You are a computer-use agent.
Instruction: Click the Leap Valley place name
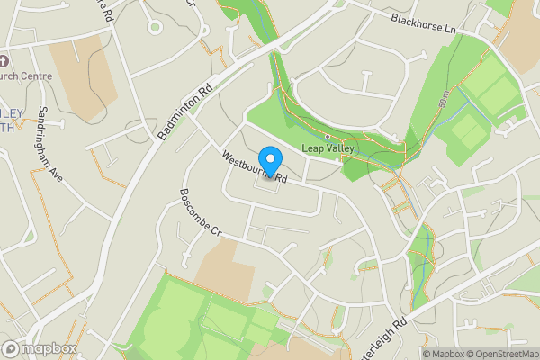[x=328, y=148]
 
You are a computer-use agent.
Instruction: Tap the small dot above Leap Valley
[x=328, y=137]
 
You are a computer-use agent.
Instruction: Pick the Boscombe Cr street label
[x=200, y=212]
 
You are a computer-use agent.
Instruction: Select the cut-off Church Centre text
[x=26, y=76]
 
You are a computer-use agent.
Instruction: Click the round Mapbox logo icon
[x=11, y=348]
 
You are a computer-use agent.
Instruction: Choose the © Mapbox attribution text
[x=441, y=354]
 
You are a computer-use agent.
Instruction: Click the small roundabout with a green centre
[x=155, y=28]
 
